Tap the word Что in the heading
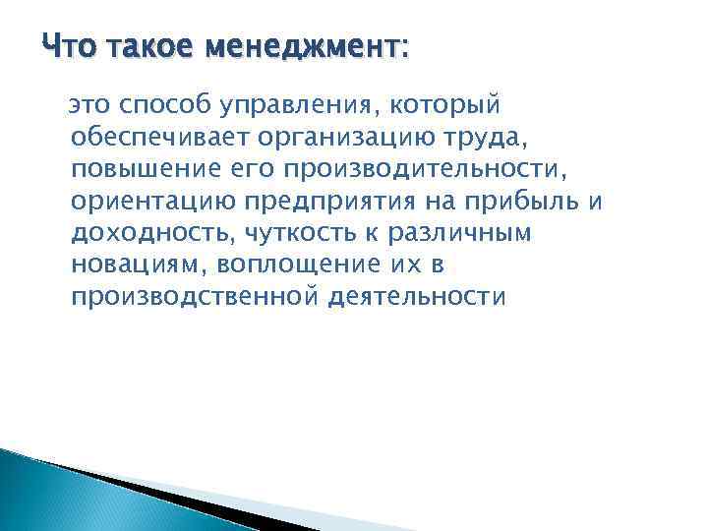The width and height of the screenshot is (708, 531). click(70, 46)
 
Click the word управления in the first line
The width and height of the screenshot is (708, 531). click(280, 105)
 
